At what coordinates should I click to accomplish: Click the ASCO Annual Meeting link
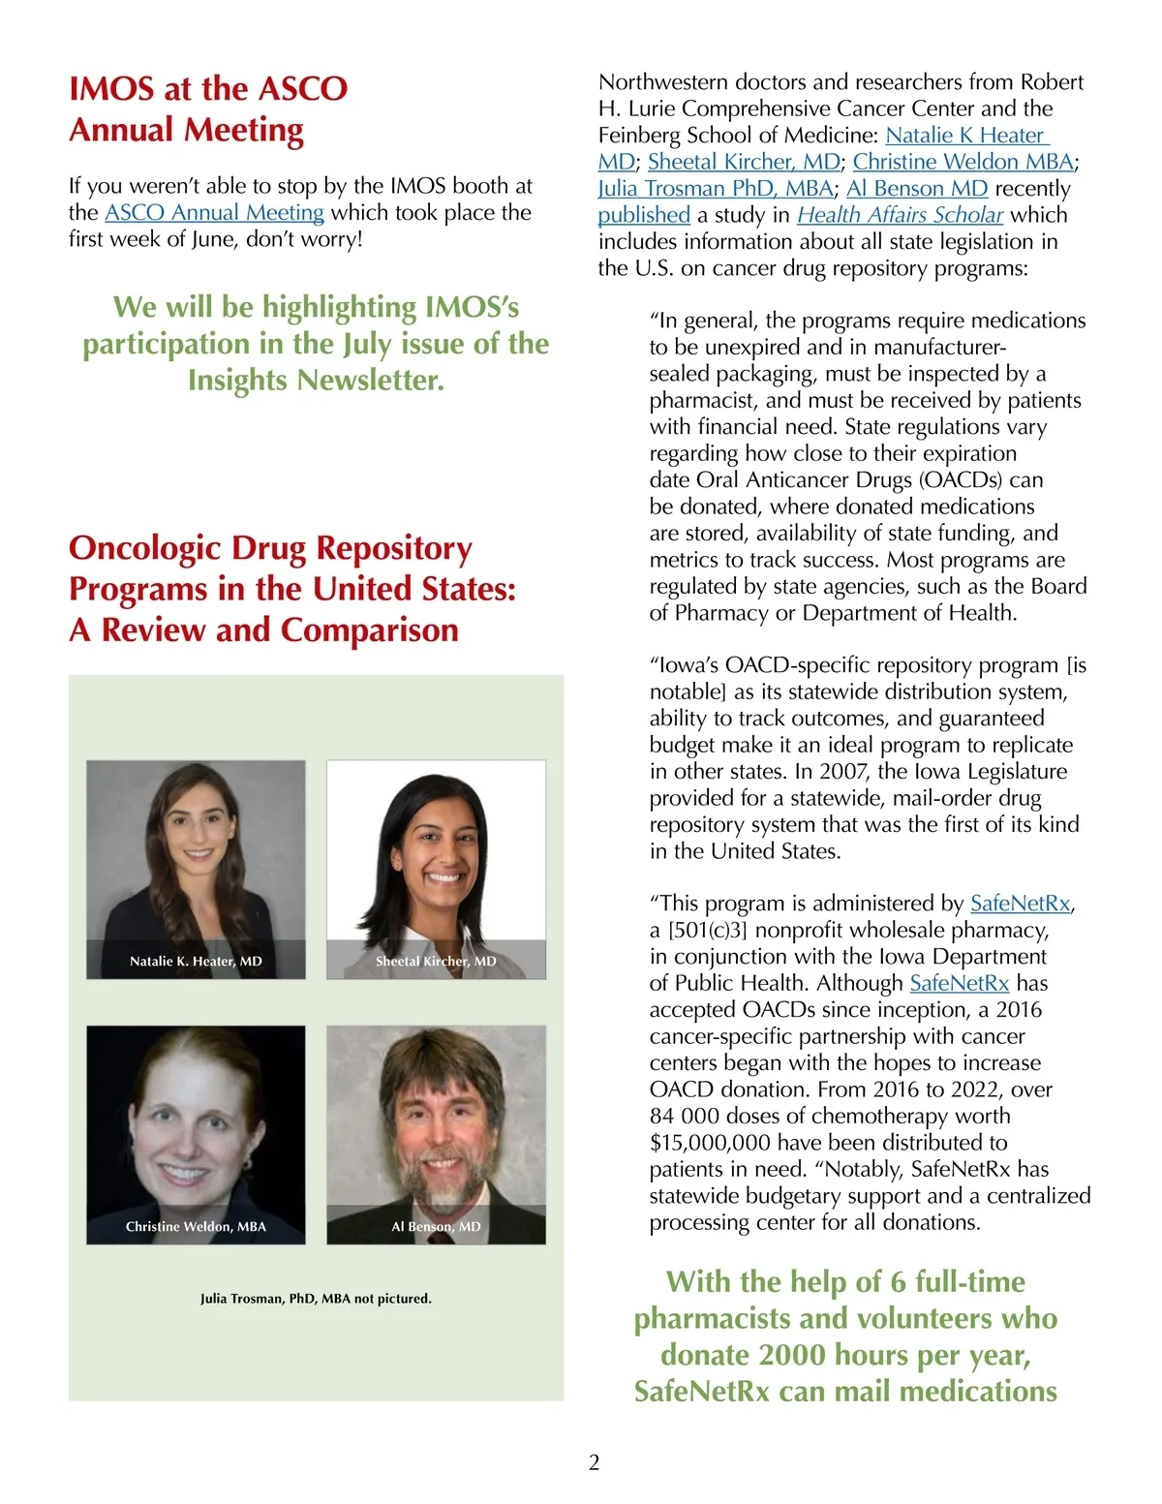[214, 212]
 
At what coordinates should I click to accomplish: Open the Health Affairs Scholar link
[900, 215]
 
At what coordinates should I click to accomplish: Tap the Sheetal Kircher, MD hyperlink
[744, 162]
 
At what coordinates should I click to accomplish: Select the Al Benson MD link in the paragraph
[916, 189]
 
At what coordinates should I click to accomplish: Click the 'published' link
[644, 215]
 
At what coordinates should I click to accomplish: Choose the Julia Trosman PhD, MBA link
[716, 189]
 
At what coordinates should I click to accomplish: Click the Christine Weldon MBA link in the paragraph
[963, 162]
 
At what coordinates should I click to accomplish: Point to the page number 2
[594, 1462]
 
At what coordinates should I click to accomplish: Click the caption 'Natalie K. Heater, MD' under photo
[196, 961]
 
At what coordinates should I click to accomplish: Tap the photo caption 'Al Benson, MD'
[436, 1226]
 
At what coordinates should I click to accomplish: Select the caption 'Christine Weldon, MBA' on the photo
[196, 1226]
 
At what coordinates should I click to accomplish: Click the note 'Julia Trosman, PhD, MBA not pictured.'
[316, 1298]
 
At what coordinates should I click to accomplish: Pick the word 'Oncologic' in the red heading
[145, 548]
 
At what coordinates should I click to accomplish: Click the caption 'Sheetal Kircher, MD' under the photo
[436, 961]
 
